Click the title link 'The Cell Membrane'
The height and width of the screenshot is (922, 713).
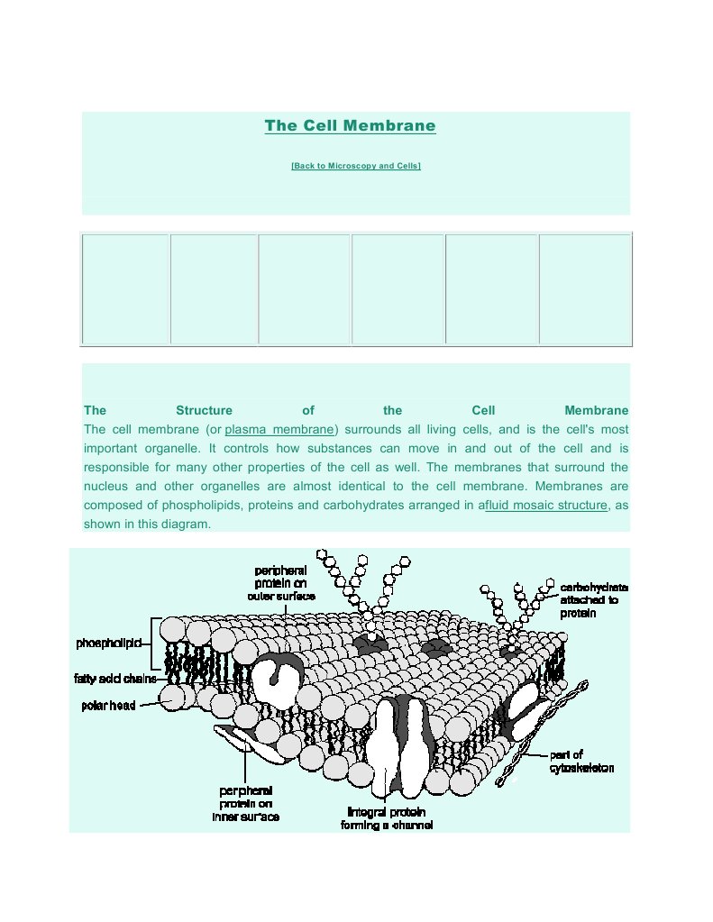click(350, 126)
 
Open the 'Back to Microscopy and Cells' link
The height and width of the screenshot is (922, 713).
click(356, 167)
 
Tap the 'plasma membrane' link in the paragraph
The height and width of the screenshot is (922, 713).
click(279, 429)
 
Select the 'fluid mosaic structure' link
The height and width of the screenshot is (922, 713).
click(546, 505)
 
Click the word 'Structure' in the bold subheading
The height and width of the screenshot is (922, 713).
click(204, 410)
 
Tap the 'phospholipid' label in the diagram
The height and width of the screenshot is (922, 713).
click(105, 644)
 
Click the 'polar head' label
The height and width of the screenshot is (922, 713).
click(108, 706)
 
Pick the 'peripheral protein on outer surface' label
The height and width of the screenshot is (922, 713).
click(281, 583)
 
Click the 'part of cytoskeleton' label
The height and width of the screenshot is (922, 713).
click(581, 762)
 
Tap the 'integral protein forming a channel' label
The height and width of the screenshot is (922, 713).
click(386, 818)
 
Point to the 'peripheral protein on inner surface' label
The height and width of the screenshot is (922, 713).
click(245, 804)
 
